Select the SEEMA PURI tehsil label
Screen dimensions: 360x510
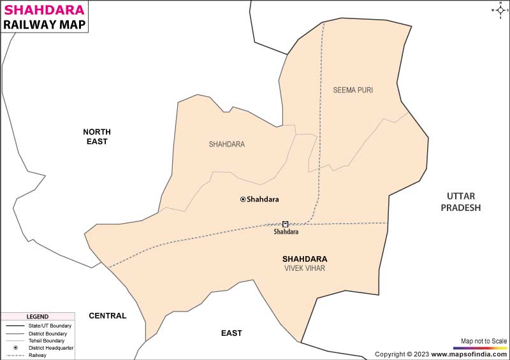353,90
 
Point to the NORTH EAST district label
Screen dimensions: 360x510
96,136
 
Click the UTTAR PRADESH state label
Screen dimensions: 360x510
463,201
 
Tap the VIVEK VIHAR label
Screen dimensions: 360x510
305,268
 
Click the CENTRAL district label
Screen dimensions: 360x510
107,315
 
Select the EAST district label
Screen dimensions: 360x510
231,333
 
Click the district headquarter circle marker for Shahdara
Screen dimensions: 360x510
243,199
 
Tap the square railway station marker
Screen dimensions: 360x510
285,224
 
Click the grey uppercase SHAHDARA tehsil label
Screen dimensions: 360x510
226,144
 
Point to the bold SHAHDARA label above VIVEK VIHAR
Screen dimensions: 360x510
305,259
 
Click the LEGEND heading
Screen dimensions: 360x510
37,317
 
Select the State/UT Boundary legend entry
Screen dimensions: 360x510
54,326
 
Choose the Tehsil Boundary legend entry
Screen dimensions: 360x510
50,340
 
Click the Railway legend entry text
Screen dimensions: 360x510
38,355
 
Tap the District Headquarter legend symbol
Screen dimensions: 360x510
14,348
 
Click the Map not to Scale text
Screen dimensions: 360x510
484,341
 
